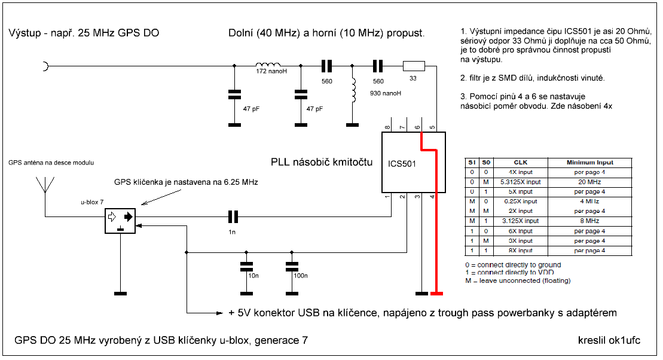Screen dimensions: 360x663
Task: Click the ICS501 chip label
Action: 402,163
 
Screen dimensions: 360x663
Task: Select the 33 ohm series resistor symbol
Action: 414,66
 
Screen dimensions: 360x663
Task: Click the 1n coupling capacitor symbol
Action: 233,216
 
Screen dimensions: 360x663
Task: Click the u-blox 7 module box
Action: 120,221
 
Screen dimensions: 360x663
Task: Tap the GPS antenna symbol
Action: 44,182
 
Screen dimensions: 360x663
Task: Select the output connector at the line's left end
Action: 45,66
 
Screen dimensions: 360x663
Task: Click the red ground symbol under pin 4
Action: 437,293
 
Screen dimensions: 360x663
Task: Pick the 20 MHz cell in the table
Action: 589,182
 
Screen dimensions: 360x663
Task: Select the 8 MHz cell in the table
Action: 589,221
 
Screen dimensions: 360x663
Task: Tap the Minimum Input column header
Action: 589,162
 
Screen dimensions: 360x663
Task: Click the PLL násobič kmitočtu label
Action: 321,162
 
